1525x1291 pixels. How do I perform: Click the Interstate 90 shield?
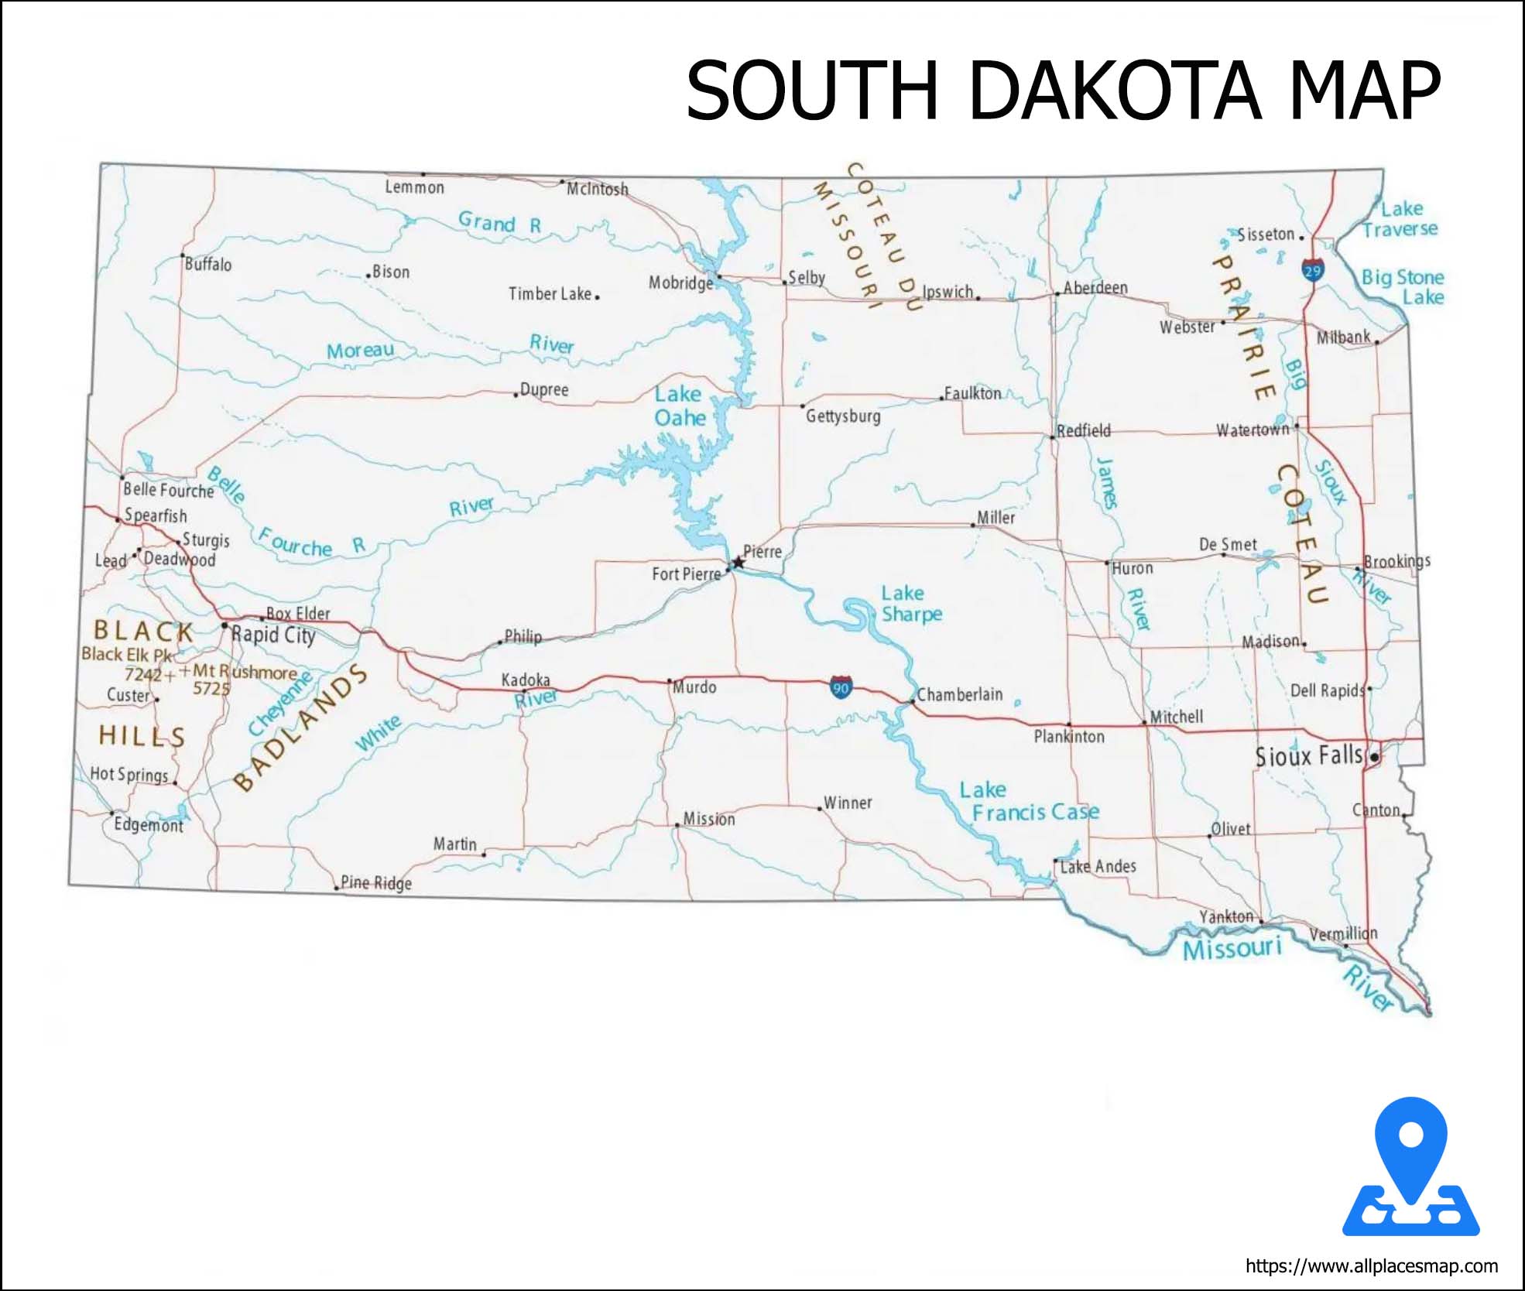(x=841, y=687)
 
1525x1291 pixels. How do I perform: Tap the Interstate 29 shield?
(x=1313, y=270)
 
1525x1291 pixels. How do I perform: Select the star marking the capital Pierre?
(x=739, y=563)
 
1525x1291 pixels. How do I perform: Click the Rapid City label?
(x=273, y=635)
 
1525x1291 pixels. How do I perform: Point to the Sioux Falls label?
(x=1308, y=756)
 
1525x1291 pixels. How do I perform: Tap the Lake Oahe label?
(x=680, y=406)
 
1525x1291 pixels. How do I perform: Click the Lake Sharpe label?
(x=911, y=604)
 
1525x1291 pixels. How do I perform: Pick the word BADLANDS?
(x=301, y=728)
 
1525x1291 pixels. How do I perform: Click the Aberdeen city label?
(x=1095, y=288)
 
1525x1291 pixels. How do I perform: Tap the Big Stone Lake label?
(x=1403, y=287)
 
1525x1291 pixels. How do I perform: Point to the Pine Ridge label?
(x=376, y=883)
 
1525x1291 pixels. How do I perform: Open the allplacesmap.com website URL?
(x=1371, y=1266)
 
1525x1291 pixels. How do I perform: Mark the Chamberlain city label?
(x=960, y=694)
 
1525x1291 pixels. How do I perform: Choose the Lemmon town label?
(x=415, y=187)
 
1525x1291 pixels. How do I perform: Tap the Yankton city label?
(x=1226, y=917)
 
